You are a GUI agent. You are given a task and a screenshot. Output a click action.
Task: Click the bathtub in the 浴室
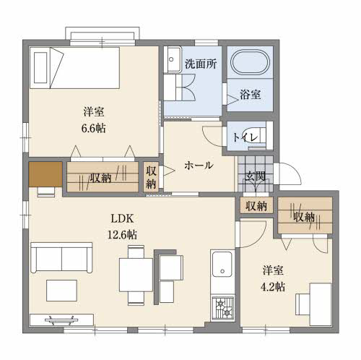pos(250,61)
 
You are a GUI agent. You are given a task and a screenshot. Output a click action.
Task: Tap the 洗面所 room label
pos(201,64)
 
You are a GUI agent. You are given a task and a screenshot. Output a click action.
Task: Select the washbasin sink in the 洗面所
pos(173,59)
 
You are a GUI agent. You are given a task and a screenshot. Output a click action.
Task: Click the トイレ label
pos(245,137)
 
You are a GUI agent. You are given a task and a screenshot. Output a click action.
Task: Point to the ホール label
pos(199,166)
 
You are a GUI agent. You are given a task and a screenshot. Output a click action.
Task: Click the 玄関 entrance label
pos(256,176)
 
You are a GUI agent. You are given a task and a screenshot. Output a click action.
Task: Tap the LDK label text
pos(122,218)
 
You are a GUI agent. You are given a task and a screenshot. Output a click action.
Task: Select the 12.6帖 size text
pos(122,234)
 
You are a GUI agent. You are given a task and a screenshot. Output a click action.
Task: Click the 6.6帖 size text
pos(94,129)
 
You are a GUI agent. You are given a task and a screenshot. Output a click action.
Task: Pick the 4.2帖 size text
pos(273,287)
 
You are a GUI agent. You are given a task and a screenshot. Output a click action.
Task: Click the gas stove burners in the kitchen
pos(222,309)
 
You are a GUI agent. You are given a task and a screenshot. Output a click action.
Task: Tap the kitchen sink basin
pos(222,264)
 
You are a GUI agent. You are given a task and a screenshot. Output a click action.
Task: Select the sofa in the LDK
pos(61,257)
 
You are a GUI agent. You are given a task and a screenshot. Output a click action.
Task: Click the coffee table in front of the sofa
pos(61,291)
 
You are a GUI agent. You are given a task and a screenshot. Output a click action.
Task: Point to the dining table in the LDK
pos(136,275)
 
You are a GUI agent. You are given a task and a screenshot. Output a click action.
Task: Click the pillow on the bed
pos(40,68)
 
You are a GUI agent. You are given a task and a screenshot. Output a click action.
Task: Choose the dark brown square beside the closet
pos(45,174)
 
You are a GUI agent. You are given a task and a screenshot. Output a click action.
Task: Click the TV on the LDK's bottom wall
pos(61,320)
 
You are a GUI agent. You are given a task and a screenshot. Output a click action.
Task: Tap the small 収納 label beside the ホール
pos(151,178)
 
